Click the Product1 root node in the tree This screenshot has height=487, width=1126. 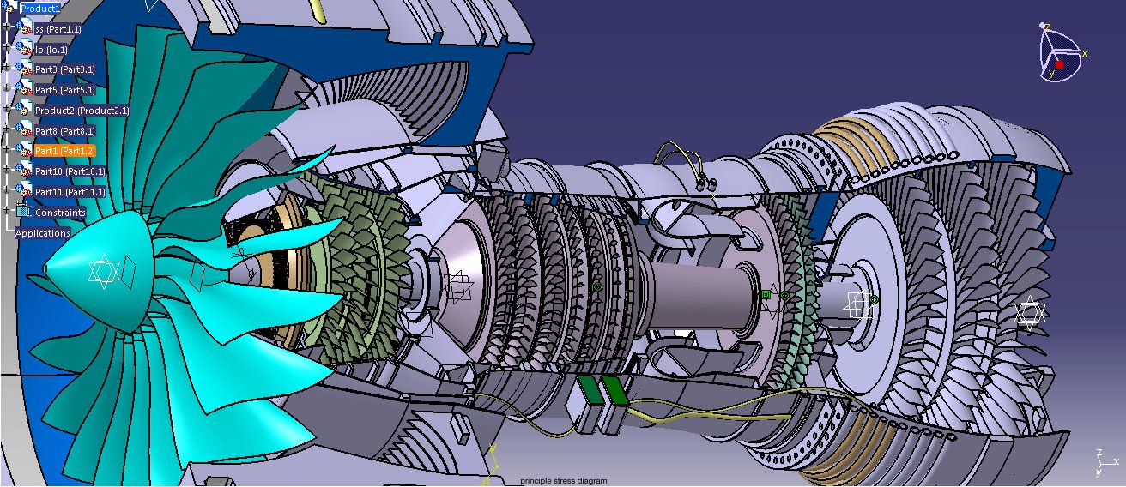tap(39, 8)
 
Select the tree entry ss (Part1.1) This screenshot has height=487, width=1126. tap(58, 29)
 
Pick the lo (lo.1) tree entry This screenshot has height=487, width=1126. tap(51, 49)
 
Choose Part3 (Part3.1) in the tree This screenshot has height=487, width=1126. tap(65, 69)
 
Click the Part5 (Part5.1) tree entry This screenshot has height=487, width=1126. tap(65, 90)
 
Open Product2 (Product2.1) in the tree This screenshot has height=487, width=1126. tap(82, 111)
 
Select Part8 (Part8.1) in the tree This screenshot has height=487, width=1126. tap(65, 131)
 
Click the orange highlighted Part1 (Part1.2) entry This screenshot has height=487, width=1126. tap(65, 151)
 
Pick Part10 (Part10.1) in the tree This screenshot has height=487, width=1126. tap(70, 171)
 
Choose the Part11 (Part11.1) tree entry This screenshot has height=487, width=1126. tap(70, 192)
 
